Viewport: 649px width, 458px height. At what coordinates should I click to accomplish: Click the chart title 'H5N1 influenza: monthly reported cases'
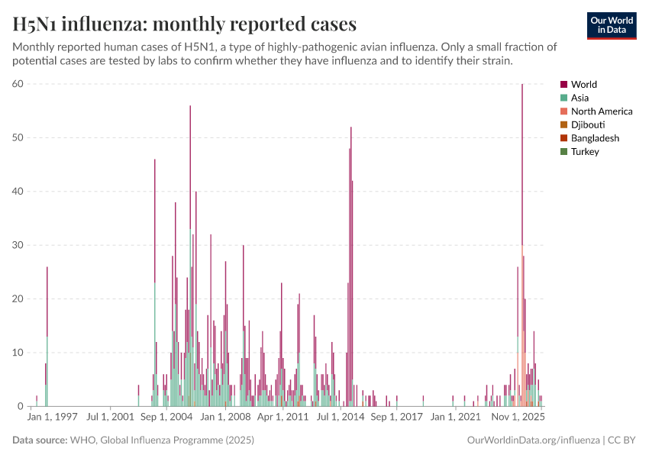(185, 24)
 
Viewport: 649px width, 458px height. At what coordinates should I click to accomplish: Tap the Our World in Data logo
(611, 25)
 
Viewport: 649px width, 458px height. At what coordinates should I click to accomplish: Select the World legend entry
(584, 85)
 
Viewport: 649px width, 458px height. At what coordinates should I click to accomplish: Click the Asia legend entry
(580, 98)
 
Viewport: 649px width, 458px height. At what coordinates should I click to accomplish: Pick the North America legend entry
(602, 111)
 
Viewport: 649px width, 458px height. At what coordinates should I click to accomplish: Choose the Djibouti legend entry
(589, 124)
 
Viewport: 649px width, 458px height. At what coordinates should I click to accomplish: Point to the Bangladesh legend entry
(595, 138)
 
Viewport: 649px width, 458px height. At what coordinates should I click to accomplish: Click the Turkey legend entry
(585, 151)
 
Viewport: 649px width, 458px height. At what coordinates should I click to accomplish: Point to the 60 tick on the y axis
(18, 84)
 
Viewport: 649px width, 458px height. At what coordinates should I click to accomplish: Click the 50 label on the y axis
(18, 137)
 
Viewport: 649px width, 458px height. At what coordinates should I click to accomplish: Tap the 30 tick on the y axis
(18, 245)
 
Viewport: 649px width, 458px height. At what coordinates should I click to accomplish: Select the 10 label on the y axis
(18, 353)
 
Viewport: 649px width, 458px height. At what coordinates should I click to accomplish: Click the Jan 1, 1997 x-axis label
(52, 418)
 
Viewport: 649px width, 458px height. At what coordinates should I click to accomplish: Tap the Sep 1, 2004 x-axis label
(168, 418)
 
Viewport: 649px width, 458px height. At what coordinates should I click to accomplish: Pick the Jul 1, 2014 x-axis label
(341, 418)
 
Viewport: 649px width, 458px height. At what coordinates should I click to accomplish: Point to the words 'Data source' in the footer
(39, 440)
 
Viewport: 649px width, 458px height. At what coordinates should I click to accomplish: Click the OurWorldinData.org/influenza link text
(533, 440)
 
